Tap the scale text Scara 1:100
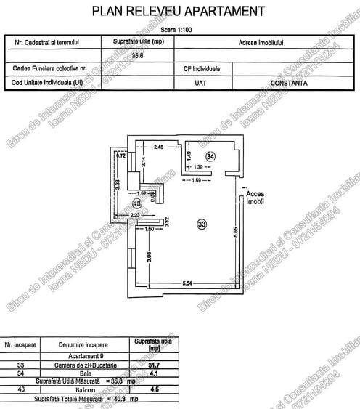179,30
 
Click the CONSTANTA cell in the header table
290,84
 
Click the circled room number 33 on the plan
202,224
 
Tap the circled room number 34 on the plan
210,155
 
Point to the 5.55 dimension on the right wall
236,232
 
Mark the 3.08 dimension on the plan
149,255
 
